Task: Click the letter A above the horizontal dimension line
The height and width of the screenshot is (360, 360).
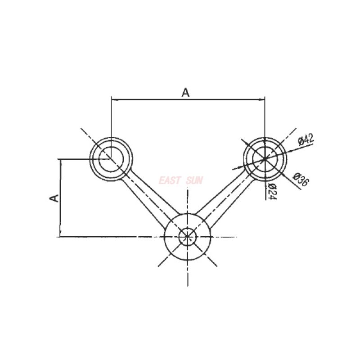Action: [x=185, y=92]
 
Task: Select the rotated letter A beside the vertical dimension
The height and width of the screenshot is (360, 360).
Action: [x=54, y=198]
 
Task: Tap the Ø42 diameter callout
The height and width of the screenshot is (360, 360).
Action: [x=305, y=139]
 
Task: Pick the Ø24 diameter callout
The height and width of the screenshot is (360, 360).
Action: [x=271, y=191]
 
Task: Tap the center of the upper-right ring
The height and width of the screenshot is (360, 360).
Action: [x=265, y=158]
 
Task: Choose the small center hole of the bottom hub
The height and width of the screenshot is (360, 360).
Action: [x=187, y=236]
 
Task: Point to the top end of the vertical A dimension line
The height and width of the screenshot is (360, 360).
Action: [x=59, y=159]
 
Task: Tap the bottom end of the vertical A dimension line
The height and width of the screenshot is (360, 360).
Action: [x=59, y=236]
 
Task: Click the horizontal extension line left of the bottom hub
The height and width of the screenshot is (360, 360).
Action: [x=112, y=236]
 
